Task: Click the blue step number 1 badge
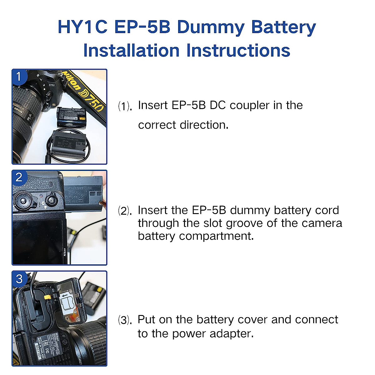[x=19, y=76]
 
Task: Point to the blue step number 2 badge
[x=19, y=177]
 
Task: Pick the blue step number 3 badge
[x=19, y=278]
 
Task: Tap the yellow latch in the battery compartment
[x=47, y=296]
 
